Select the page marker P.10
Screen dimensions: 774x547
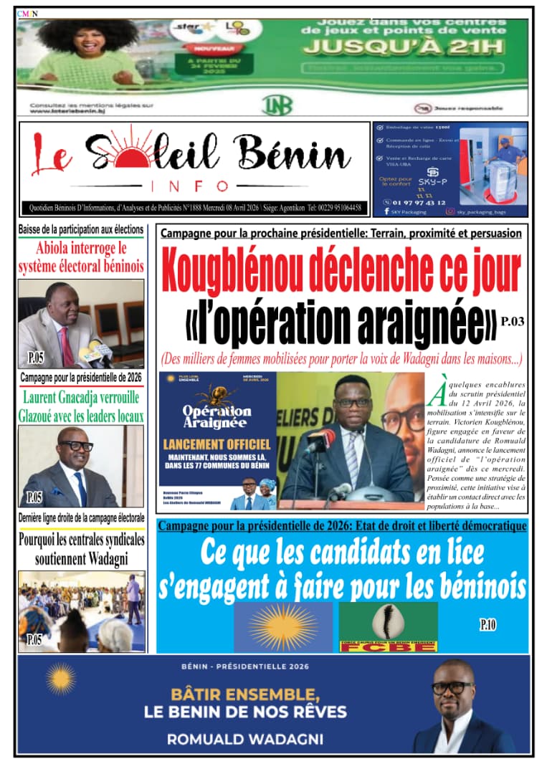point(487,625)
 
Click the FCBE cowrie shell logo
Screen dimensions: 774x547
point(388,621)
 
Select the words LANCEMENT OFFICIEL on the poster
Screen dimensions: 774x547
point(217,445)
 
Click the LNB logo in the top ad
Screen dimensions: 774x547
point(277,105)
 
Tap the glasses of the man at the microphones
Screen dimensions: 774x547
point(353,403)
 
